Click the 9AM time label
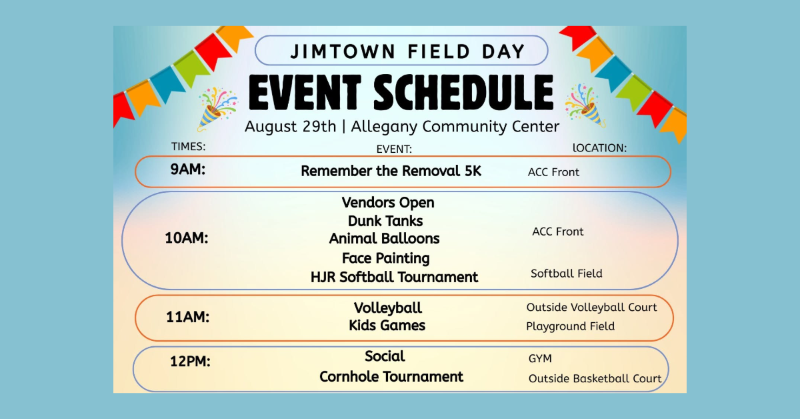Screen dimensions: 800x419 tap(188, 169)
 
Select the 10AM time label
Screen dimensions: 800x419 tap(187, 238)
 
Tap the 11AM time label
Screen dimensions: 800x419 tap(187, 317)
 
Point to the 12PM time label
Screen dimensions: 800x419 tap(190, 362)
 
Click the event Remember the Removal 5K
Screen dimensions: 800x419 tap(391, 171)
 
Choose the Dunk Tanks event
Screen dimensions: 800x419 tap(385, 221)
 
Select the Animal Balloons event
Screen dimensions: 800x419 tap(384, 238)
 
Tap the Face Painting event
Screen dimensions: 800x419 tap(386, 258)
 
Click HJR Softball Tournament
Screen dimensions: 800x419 tap(394, 277)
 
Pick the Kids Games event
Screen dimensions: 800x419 tap(387, 326)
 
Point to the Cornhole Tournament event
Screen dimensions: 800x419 tap(391, 377)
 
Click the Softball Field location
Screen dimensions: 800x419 tap(567, 274)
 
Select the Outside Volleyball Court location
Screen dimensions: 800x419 tap(591, 307)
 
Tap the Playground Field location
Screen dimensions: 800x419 tap(571, 326)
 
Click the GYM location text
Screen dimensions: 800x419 tap(540, 358)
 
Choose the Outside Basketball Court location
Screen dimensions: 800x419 tap(595, 378)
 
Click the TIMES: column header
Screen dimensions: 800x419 tap(188, 147)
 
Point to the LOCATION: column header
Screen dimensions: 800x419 tap(599, 148)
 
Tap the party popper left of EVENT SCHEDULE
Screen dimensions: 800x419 tap(217, 108)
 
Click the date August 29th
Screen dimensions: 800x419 tap(291, 127)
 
